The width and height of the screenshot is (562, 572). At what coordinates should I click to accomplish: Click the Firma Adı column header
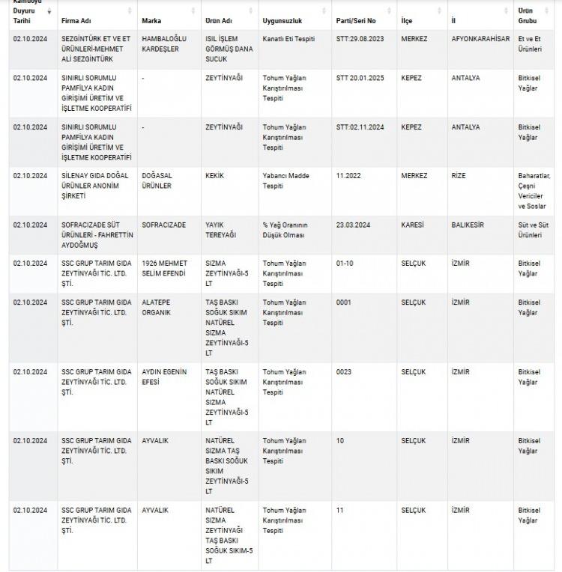(76, 20)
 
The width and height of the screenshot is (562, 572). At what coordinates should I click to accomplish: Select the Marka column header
(151, 20)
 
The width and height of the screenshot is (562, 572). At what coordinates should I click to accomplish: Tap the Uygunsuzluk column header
(282, 20)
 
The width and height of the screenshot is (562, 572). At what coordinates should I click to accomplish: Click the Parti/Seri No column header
(356, 20)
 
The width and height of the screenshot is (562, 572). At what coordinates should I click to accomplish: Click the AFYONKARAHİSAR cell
(480, 37)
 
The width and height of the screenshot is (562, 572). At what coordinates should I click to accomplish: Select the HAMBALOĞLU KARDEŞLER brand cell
(164, 42)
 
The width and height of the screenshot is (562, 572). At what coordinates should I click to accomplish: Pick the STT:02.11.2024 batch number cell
(360, 127)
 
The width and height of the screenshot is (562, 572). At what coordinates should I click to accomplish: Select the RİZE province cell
(459, 176)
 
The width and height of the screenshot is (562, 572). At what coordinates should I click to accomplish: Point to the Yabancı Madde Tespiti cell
(286, 180)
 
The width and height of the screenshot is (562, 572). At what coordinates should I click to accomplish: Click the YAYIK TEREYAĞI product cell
(221, 229)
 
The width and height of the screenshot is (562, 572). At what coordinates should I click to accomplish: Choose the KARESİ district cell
(412, 225)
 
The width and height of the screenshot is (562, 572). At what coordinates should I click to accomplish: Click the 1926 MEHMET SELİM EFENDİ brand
(164, 268)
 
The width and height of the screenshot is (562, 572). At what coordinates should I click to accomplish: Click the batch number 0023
(344, 372)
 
